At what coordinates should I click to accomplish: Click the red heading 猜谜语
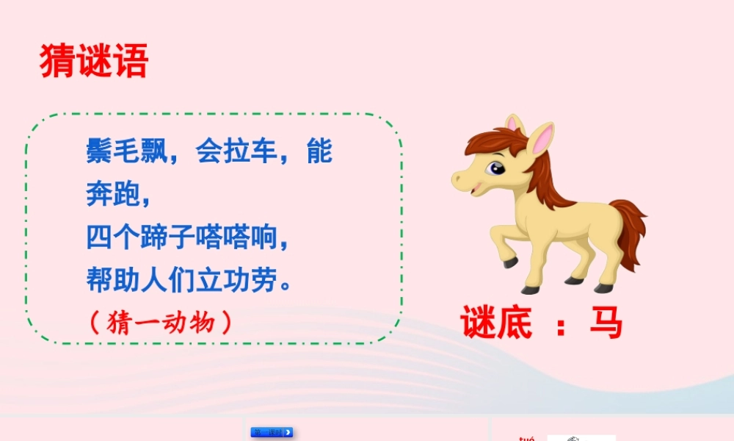pyautogui.click(x=94, y=61)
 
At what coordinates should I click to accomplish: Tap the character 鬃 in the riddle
pyautogui.click(x=101, y=152)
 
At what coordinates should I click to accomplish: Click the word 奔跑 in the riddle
pyautogui.click(x=112, y=196)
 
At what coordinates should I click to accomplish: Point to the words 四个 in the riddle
pyautogui.click(x=112, y=239)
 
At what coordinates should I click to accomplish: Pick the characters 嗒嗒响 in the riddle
pyautogui.click(x=236, y=239)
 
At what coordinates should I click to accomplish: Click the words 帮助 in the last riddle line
pyautogui.click(x=112, y=281)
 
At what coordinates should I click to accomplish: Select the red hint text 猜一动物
pyautogui.click(x=161, y=322)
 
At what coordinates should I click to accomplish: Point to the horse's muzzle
pyautogui.click(x=463, y=179)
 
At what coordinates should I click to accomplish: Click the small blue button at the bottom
pyautogui.click(x=272, y=432)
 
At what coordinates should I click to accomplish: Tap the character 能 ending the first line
pyautogui.click(x=319, y=152)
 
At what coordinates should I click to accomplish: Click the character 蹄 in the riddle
pyautogui.click(x=158, y=239)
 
